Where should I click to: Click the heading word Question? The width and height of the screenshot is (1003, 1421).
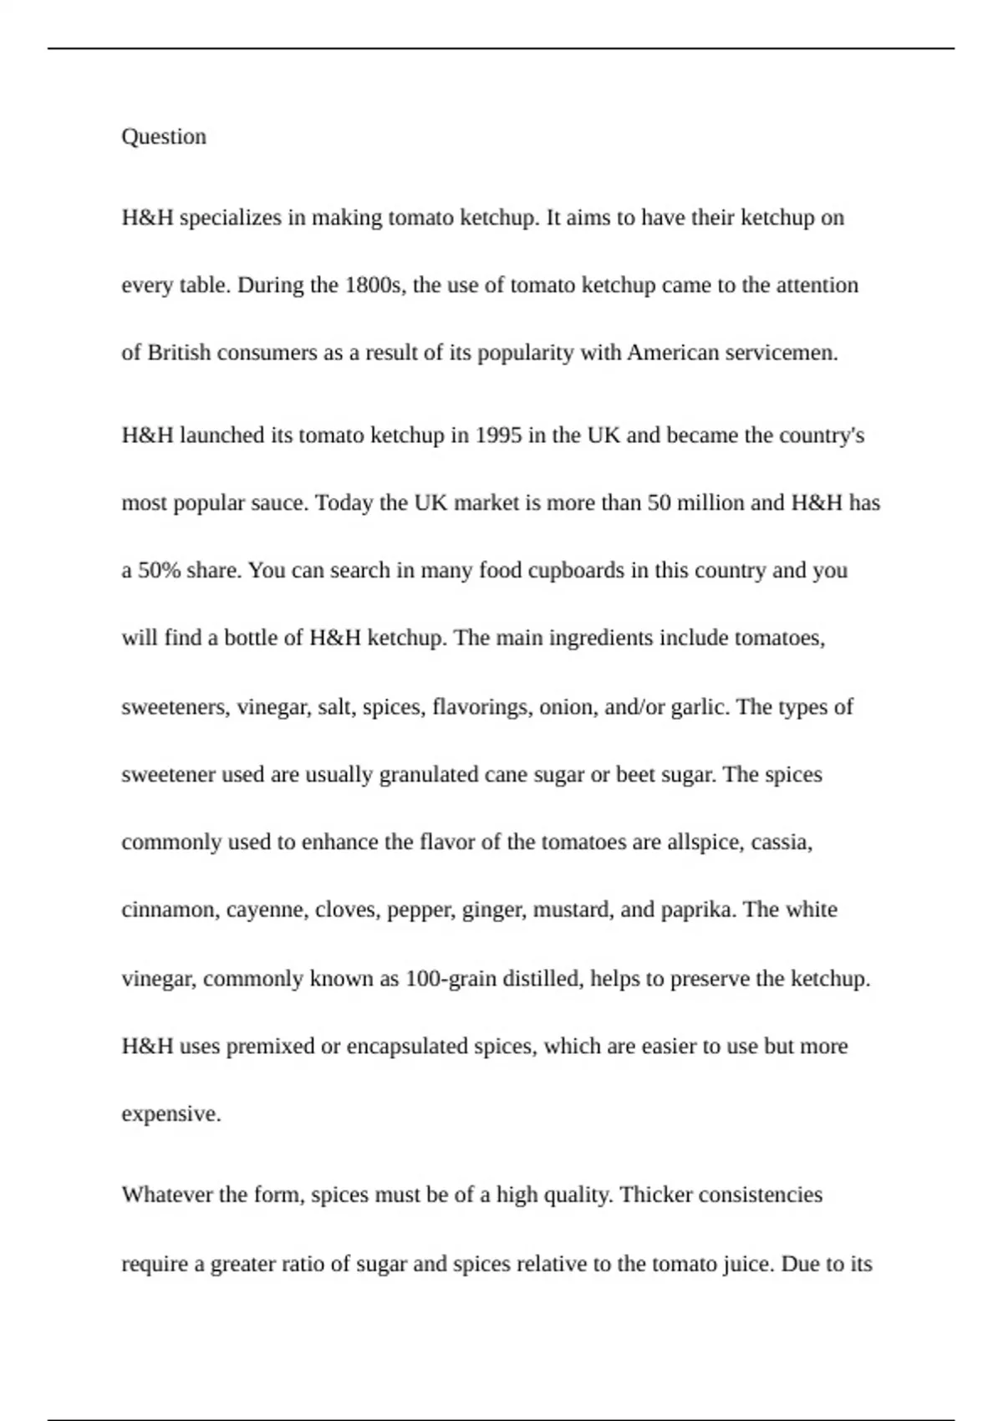tap(164, 136)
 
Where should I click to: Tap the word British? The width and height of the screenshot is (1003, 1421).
tap(179, 353)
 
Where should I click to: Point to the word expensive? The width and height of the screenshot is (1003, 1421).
tap(171, 1114)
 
